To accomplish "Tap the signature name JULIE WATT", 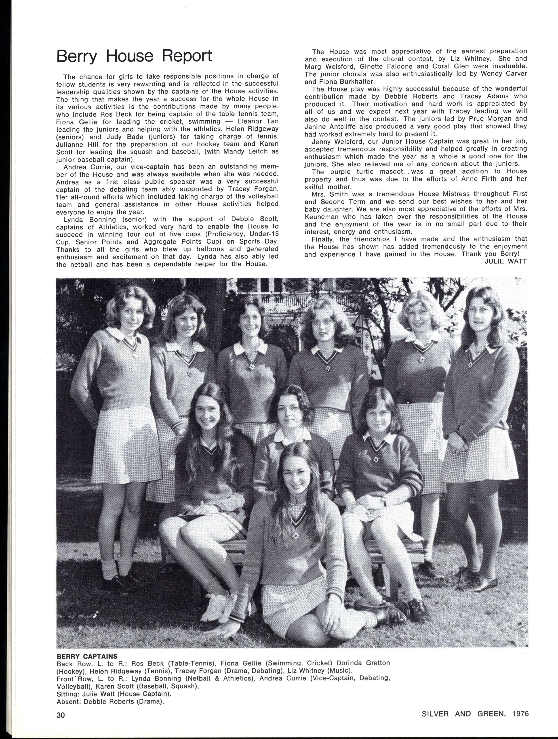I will pyautogui.click(x=505, y=261).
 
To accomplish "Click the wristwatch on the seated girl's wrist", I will pyautogui.click(x=383, y=500).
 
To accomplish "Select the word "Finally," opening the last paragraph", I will pyautogui.click(x=323, y=239).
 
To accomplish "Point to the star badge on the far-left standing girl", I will pyautogui.click(x=134, y=354).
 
